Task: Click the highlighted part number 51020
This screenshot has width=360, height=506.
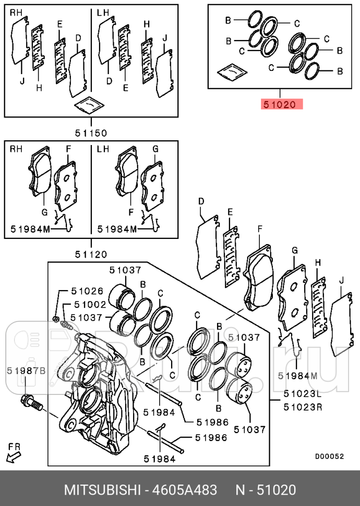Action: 280,104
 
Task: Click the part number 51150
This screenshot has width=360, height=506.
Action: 91,132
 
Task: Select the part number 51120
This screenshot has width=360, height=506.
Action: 91,254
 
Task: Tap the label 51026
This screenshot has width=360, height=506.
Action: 87,291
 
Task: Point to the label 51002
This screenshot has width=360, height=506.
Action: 90,304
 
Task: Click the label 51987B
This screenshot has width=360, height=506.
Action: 27,371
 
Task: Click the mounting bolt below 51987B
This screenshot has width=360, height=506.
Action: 32,402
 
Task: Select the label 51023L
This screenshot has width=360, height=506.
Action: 303,394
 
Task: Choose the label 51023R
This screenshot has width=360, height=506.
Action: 303,407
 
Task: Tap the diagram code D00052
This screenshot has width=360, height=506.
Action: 330,456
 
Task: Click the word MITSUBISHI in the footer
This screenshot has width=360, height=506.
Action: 102,490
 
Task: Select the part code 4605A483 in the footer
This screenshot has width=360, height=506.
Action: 185,490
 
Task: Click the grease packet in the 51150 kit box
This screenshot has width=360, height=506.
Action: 89,104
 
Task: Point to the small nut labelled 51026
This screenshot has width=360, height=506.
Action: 55,319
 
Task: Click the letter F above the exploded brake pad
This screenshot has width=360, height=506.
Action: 260,229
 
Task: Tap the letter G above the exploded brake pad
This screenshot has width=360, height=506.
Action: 294,250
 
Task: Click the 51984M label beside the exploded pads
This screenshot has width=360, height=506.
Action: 298,376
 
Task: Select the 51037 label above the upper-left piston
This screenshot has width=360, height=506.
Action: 125,270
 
